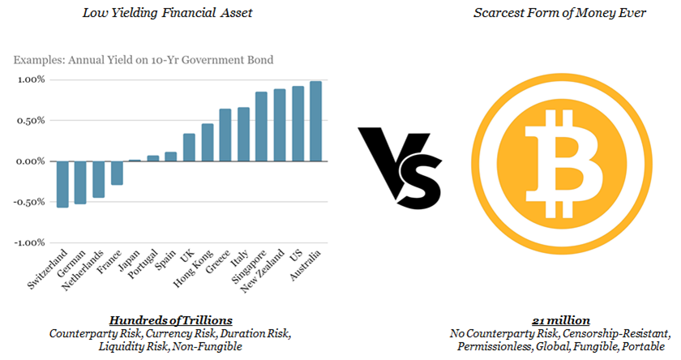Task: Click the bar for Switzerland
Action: click(62, 184)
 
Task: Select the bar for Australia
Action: click(315, 121)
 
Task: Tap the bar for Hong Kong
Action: click(207, 142)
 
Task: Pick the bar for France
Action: click(117, 173)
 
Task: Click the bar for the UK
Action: click(189, 147)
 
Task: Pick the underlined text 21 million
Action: click(560, 319)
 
